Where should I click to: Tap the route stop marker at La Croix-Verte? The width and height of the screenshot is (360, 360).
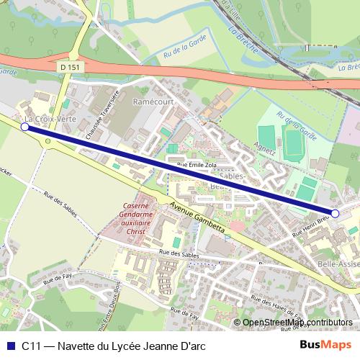pyautogui.click(x=24, y=127)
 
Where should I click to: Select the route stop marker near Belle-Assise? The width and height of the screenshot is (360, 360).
pyautogui.click(x=335, y=213)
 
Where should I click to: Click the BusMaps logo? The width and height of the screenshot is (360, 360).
pyautogui.click(x=325, y=346)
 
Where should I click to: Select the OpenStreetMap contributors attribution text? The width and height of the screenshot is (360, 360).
pyautogui.click(x=297, y=322)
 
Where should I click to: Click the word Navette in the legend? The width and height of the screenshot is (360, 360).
pyautogui.click(x=77, y=346)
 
